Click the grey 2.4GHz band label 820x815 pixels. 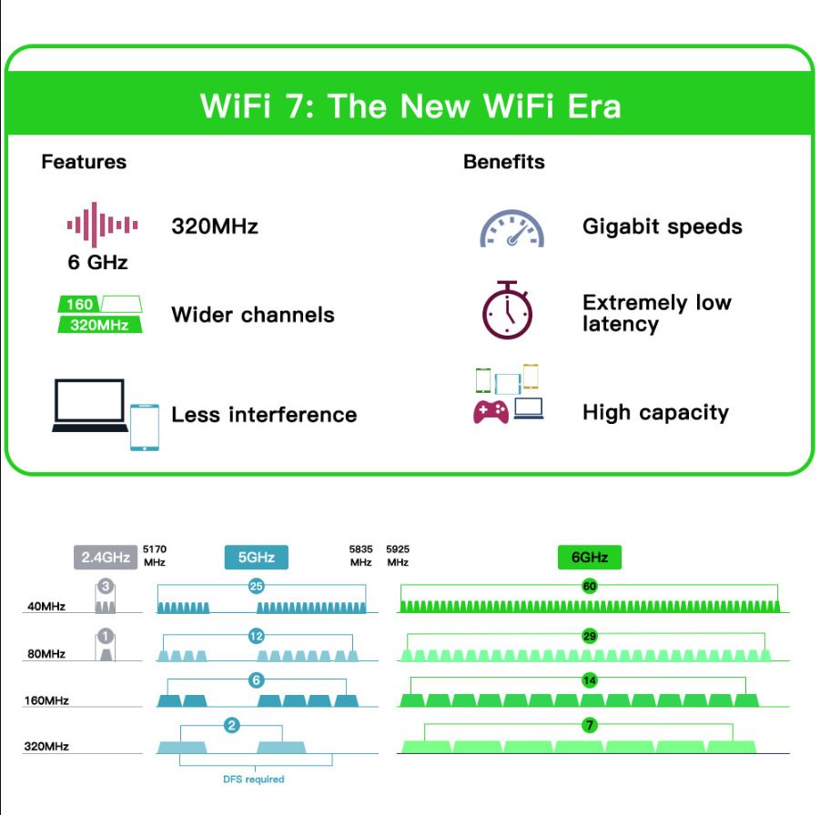(105, 557)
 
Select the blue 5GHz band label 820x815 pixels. (257, 557)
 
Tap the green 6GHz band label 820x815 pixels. (590, 557)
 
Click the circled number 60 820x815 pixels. (590, 586)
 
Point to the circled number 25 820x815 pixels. (257, 586)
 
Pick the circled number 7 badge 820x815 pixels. (590, 725)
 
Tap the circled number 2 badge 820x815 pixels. (232, 725)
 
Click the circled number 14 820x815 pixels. (590, 680)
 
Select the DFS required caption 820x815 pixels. (254, 779)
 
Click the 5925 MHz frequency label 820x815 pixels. (398, 556)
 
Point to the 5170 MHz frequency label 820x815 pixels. (155, 556)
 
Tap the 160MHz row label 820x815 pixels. (46, 700)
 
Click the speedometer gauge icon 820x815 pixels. (512, 228)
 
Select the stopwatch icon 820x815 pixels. (507, 310)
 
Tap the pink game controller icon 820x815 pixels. (491, 412)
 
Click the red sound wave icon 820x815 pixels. (103, 225)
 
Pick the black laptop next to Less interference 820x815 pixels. (90, 406)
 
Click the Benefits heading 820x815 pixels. (504, 162)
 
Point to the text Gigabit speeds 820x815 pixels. (663, 226)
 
